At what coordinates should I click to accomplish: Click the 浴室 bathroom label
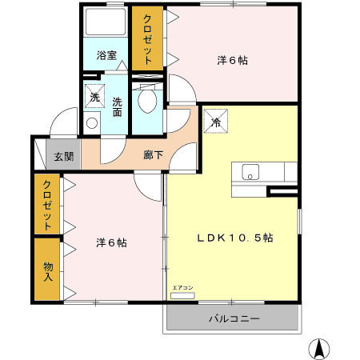pos(106,56)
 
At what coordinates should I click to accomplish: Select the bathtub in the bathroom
pos(106,23)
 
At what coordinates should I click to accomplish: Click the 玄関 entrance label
pos(64,156)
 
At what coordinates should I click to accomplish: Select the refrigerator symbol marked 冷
pos(215,122)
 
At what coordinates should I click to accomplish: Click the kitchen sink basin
pos(250,171)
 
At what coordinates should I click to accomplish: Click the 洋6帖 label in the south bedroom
pos(110,242)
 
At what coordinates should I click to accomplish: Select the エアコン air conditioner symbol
pos(182,294)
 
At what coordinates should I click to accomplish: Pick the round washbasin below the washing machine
pos(91,123)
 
